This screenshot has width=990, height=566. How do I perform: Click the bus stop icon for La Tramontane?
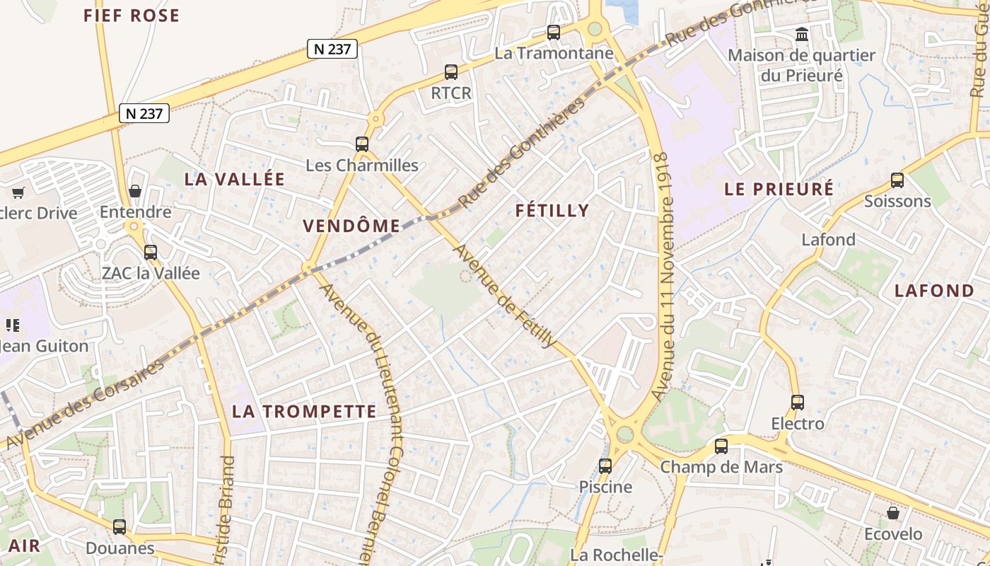coord(554,32)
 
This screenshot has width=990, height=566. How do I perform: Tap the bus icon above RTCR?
coord(450,71)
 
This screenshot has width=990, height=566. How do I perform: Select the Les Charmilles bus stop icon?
coord(362,144)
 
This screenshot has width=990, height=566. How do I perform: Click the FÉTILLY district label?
coord(552,210)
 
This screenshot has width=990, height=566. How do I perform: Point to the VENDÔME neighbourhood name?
coord(351,226)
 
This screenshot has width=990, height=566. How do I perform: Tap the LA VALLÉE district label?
coord(235,179)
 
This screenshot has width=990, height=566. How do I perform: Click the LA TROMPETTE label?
coord(305,411)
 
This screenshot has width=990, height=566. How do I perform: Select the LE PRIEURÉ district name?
coord(779,189)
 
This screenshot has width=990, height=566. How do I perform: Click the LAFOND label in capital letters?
coord(934,290)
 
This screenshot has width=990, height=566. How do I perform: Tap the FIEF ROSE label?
coord(132,16)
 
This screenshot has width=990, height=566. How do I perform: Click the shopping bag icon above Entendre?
coord(135,191)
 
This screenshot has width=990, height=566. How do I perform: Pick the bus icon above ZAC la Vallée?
coord(151,252)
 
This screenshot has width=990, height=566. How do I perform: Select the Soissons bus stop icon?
coord(897,180)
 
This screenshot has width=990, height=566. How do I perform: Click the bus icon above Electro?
coord(798,402)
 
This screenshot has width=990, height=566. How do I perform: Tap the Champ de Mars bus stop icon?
coord(721,446)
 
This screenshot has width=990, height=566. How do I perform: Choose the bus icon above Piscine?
coord(605,466)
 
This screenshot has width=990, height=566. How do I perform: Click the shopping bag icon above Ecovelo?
coord(893,512)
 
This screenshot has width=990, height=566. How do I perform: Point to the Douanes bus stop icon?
coord(120,526)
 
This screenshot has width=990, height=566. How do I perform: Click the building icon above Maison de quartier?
coord(802,33)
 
